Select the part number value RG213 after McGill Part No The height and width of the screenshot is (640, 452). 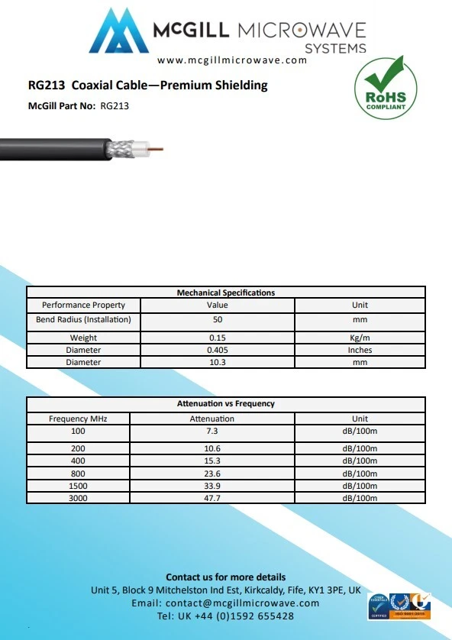click(x=115, y=106)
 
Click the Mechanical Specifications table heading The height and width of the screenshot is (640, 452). click(x=226, y=293)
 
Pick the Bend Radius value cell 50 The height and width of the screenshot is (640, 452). click(x=218, y=319)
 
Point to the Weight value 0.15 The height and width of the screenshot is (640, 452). click(x=218, y=338)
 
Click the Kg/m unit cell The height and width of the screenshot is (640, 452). click(x=360, y=338)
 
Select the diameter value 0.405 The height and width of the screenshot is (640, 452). click(x=218, y=350)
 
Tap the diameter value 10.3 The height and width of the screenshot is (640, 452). click(x=218, y=362)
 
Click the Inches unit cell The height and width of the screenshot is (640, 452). click(x=360, y=350)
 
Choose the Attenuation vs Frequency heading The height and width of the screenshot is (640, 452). click(x=226, y=403)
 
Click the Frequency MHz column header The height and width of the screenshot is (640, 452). click(x=78, y=419)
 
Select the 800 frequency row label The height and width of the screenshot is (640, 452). click(x=78, y=473)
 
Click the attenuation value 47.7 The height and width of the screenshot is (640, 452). click(x=212, y=498)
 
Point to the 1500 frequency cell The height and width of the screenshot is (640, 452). click(x=78, y=486)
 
